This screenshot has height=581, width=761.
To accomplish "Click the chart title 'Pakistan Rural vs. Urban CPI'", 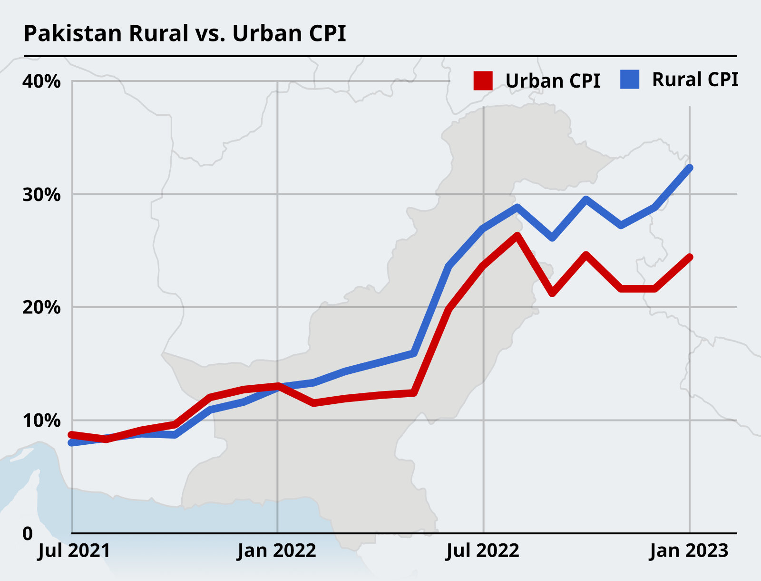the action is point(185,33).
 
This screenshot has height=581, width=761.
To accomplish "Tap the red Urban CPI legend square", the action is point(483,81).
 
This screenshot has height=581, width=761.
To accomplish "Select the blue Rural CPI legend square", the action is point(630,80).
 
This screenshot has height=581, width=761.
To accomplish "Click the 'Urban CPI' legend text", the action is point(553,81).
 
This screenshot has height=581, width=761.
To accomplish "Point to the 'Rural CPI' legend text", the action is point(695,80).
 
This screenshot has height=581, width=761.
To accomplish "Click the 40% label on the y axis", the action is point(41,81).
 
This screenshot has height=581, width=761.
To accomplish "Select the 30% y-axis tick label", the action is point(41,195).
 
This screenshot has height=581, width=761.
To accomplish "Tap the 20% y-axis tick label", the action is point(41,308).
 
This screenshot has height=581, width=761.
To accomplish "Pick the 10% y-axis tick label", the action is point(41,421).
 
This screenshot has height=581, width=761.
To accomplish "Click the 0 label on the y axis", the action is point(28,533).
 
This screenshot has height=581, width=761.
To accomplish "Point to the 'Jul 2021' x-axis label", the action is point(74,551).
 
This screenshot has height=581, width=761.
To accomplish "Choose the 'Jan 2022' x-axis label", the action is point(276,551).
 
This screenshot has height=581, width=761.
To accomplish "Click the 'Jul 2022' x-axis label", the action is point(482,551).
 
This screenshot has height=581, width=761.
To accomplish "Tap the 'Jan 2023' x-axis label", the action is point(689,551).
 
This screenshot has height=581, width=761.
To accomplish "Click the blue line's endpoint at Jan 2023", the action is point(690,168).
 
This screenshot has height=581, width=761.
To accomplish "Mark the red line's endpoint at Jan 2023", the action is point(690,257).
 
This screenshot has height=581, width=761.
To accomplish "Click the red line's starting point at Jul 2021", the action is point(71,435).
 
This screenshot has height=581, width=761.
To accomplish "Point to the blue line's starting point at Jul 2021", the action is point(71,443).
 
